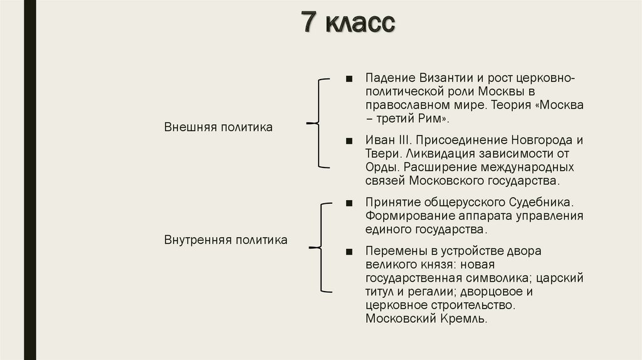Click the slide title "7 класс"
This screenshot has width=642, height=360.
tap(348, 23)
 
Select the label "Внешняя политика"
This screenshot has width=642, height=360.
tap(218, 127)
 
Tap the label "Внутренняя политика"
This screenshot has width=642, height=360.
tap(226, 240)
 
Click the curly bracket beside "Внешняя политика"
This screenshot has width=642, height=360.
tap(318, 124)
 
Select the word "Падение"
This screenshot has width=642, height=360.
tap(386, 78)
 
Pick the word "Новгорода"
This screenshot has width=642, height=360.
tap(539, 139)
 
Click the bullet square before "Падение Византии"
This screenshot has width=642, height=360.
tap(349, 78)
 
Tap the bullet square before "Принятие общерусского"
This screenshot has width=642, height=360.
tap(349, 203)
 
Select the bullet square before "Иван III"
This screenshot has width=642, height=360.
tap(349, 139)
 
